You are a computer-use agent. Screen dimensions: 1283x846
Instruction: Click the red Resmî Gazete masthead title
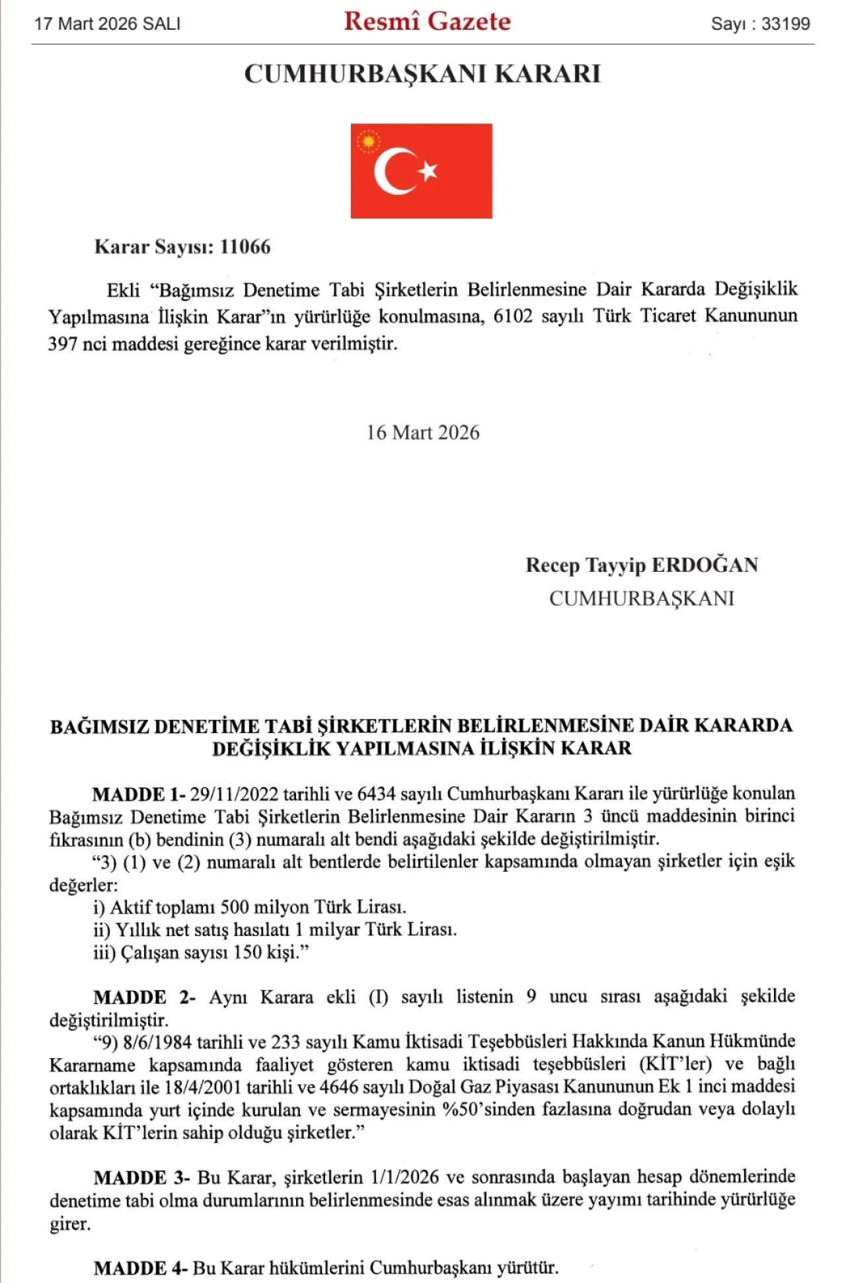tap(427, 22)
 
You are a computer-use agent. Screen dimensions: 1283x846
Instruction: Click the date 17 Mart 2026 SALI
tap(108, 24)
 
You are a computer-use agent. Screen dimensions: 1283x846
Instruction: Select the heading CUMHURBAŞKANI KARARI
tap(422, 74)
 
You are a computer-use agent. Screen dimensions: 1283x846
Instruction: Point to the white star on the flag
tap(428, 171)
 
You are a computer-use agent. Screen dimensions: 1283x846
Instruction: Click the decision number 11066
tap(245, 247)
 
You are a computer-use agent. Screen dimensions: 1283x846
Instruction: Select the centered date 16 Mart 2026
tap(423, 433)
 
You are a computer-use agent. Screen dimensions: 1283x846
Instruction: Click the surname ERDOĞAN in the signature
tap(705, 566)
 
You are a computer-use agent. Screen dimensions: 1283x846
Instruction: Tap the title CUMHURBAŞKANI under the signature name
tap(642, 599)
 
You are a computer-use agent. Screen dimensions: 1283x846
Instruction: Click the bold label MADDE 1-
tap(139, 795)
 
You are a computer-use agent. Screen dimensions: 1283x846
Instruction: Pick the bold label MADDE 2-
tap(144, 997)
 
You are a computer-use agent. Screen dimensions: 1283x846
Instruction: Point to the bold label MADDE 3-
tap(141, 1178)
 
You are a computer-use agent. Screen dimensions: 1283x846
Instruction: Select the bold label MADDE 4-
tap(140, 1268)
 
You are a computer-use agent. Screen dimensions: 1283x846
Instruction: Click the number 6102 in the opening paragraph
tap(513, 317)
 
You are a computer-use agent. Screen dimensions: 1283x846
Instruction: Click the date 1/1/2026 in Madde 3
tap(404, 1178)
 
